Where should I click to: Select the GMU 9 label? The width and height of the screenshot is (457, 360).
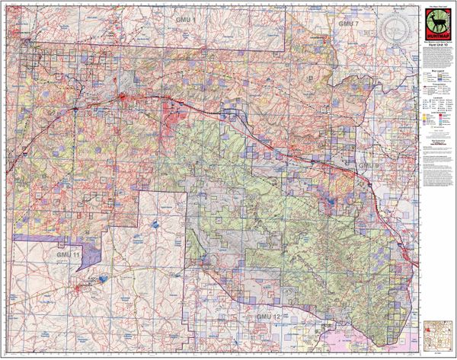point(369,165)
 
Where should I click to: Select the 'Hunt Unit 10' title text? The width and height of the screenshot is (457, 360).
point(434,46)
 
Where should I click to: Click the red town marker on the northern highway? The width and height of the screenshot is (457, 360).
point(125,97)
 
